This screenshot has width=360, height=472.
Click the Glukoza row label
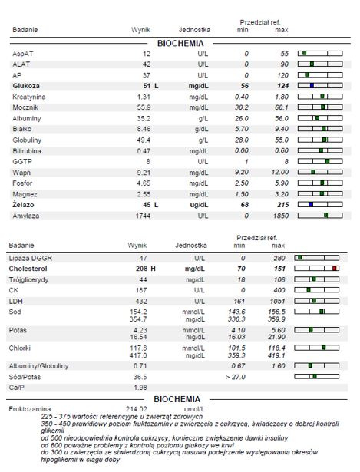(x=26, y=86)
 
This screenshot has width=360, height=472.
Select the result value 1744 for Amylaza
(x=143, y=216)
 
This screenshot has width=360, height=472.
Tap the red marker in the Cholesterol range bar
(x=335, y=268)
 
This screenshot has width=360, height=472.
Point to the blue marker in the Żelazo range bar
(x=311, y=204)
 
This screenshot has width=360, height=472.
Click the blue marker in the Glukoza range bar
(x=312, y=85)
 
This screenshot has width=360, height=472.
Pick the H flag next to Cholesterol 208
(x=153, y=269)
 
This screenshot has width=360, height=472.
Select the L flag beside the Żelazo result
(x=157, y=205)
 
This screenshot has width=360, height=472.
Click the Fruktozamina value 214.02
(x=137, y=409)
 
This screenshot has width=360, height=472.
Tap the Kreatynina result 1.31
(x=144, y=97)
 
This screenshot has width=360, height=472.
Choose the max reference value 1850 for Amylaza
(x=281, y=216)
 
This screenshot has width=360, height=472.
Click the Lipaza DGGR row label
(x=31, y=259)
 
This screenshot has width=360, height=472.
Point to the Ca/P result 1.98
(x=140, y=388)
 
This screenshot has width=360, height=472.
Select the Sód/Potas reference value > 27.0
(x=236, y=377)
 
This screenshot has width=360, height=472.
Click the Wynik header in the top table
(x=140, y=30)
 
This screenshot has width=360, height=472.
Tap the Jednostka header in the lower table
(x=191, y=246)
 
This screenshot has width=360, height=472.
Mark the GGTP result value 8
(x=148, y=162)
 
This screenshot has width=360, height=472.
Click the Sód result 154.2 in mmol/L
(x=138, y=312)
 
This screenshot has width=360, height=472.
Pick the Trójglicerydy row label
(x=28, y=279)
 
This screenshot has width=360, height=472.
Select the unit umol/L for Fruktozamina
(x=194, y=409)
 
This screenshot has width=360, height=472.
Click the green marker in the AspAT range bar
(x=304, y=53)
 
